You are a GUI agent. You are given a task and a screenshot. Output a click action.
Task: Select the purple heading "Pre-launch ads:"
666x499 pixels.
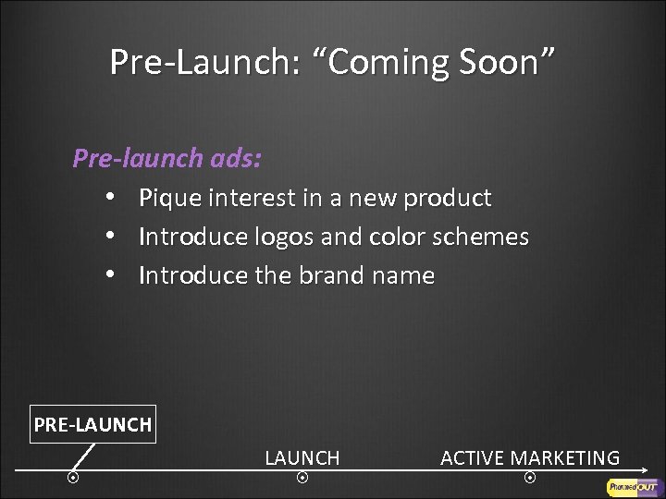click(166, 159)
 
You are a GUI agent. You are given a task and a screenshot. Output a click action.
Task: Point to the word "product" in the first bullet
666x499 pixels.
click(446, 198)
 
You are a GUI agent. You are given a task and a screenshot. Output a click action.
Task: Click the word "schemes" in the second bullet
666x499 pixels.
click(481, 237)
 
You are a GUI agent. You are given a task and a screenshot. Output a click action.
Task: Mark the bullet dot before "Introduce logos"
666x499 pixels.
click(109, 237)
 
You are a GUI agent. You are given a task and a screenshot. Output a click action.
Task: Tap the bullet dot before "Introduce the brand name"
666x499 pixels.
click(109, 276)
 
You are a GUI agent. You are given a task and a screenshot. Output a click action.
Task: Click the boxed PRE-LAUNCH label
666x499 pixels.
click(92, 425)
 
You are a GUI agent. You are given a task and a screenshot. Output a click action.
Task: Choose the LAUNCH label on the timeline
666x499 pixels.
click(302, 457)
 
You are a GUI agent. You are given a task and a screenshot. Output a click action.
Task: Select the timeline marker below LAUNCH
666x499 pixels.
click(302, 478)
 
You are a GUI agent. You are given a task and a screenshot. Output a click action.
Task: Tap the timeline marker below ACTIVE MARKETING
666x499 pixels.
click(529, 478)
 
